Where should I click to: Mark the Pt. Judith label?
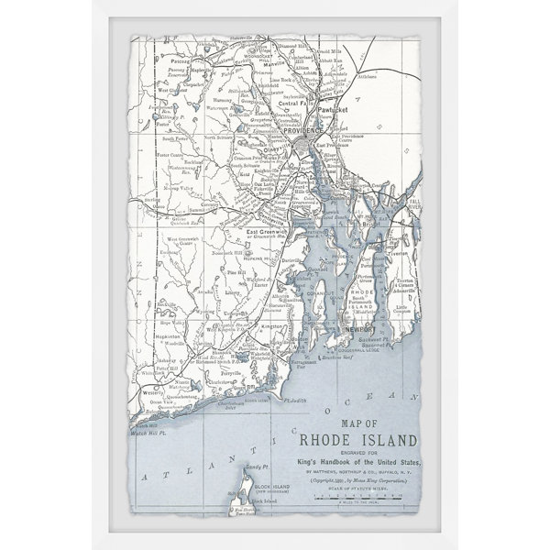coord(294,401)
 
